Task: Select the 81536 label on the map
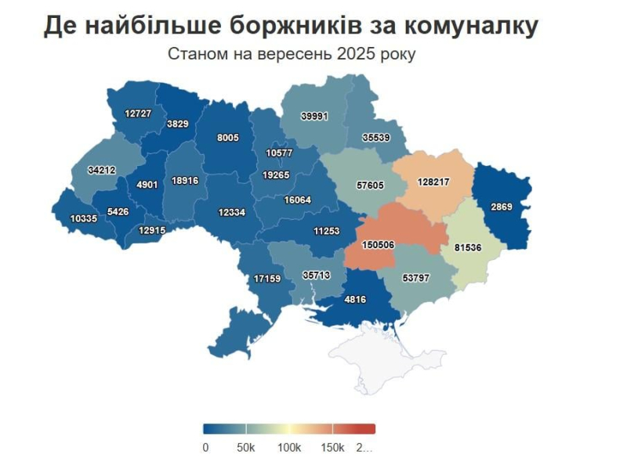[x=469, y=248]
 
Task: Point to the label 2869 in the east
[x=502, y=207]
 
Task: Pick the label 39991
[x=315, y=116]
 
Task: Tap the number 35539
[x=376, y=137]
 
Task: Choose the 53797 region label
[x=415, y=278]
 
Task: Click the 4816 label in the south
[x=355, y=299]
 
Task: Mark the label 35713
[x=317, y=275]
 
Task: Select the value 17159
[x=267, y=279]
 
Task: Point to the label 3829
[x=177, y=124]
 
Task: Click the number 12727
[x=138, y=113]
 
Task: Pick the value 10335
[x=83, y=218]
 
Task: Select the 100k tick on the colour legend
[x=289, y=448]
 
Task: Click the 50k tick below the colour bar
[x=246, y=448]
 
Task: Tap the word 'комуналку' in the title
[x=470, y=26]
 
